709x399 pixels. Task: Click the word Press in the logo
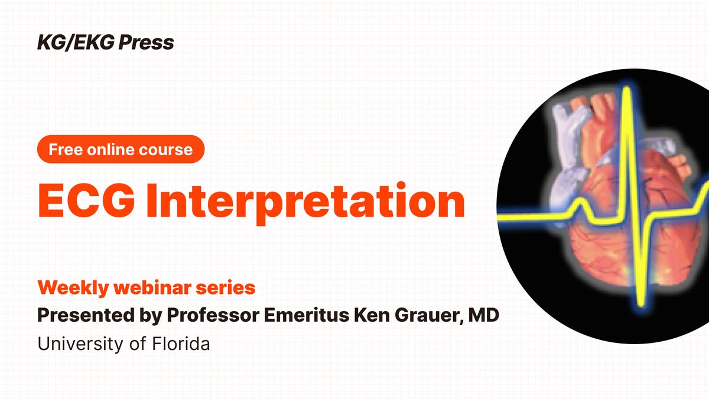pos(146,42)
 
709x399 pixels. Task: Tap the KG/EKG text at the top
pos(76,42)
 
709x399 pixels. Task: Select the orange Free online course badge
pos(121,149)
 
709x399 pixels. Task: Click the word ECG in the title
pos(86,201)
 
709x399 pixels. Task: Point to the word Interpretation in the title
pos(305,203)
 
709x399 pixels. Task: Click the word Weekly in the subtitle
pos(73,288)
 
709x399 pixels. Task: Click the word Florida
pos(181,344)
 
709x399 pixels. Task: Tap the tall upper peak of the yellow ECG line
pos(626,89)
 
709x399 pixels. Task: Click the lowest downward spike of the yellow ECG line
pos(640,303)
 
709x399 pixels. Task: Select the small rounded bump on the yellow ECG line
pos(581,201)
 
